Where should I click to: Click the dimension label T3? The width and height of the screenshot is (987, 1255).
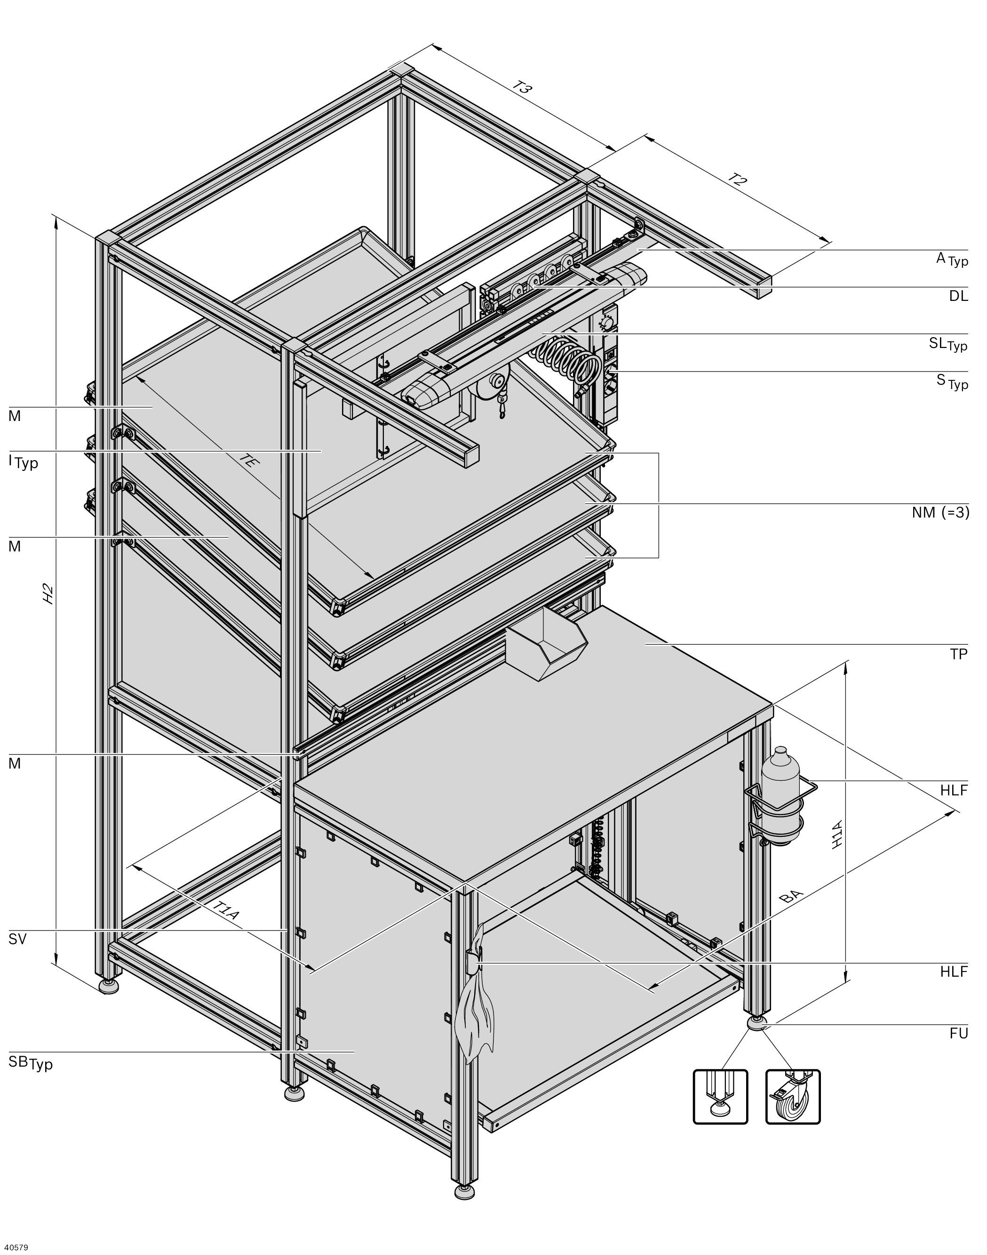522,88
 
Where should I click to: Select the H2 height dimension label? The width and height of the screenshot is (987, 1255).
49,594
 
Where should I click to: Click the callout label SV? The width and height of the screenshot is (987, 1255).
18,939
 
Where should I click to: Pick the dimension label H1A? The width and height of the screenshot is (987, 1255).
837,834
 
